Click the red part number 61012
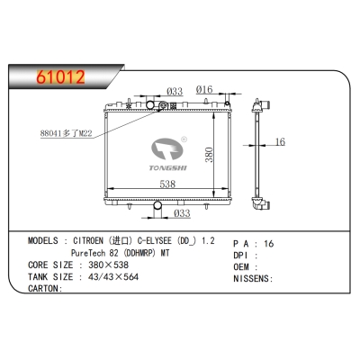coord(60,77)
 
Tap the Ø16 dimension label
coord(204,89)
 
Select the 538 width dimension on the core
coord(167,184)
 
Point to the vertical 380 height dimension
coord(209,155)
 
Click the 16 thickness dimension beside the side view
coord(280,141)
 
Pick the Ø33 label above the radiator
coord(175,91)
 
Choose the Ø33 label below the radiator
coord(182,213)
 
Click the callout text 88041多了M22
coord(66,133)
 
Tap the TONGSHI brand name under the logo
coord(168,168)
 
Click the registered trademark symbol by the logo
coord(184,139)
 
